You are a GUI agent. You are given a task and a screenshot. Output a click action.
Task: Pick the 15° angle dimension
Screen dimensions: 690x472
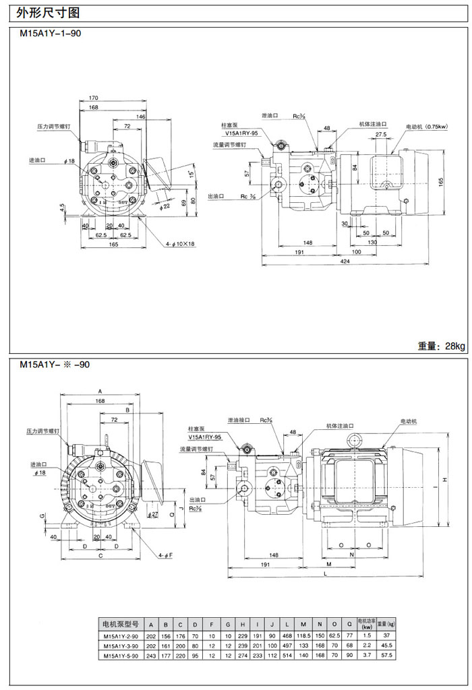pos(191,175)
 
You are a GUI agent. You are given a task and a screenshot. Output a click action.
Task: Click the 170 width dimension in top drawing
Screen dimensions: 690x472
pos(93,98)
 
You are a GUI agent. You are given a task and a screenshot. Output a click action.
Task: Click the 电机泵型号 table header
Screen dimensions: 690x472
pos(119,623)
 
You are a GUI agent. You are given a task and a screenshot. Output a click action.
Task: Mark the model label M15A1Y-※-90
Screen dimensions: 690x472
pos(54,364)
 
